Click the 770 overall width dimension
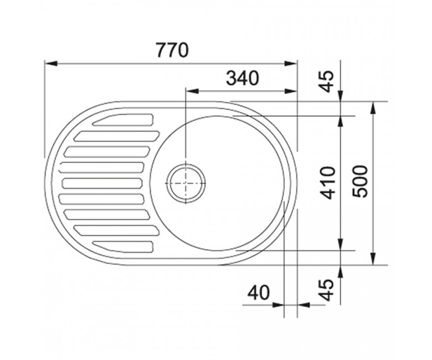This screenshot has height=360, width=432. [172, 50]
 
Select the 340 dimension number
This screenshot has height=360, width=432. [243, 78]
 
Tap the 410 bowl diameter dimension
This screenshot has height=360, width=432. [330, 183]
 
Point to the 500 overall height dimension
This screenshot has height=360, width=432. [360, 181]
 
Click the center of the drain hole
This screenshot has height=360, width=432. [186, 183]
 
